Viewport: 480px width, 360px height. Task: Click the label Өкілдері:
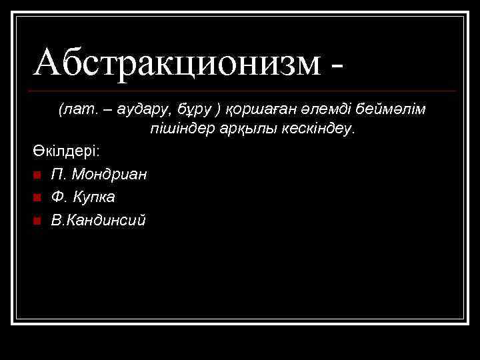(65, 151)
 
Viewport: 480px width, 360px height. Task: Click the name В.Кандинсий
(98, 219)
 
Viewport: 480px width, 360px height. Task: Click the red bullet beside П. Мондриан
(37, 175)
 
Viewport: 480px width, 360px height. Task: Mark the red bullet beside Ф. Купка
(37, 197)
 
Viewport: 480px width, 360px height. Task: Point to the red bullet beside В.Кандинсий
(37, 220)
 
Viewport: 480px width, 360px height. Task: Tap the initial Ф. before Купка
(59, 197)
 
